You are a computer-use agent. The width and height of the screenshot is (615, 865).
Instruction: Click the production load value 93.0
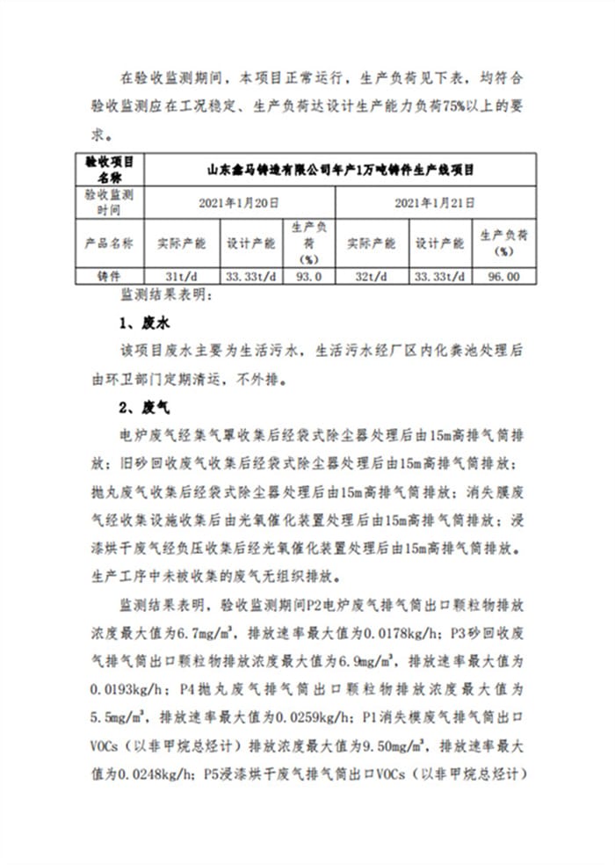click(308, 275)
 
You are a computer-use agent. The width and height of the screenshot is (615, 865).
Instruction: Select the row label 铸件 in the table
click(110, 275)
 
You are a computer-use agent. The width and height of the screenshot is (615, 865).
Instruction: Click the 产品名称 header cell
click(110, 243)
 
